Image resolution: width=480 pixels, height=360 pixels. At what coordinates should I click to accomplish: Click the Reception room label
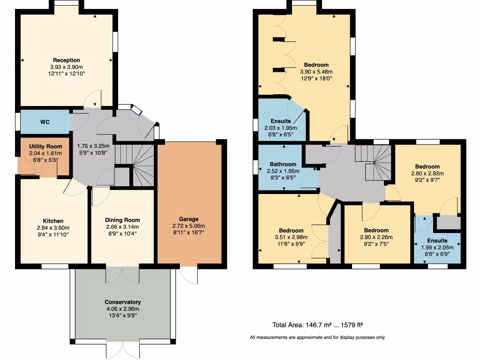[66, 60]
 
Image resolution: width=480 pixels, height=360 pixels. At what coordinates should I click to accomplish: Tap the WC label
[45, 122]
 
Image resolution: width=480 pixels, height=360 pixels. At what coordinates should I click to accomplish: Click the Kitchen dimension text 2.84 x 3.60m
[53, 228]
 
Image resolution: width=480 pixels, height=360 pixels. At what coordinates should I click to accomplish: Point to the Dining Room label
[122, 220]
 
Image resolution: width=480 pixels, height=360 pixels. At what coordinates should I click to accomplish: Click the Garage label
[188, 219]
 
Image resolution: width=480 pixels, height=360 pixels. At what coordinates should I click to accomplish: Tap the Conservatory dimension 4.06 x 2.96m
[123, 309]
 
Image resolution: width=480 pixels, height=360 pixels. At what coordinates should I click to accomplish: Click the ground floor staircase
[136, 164]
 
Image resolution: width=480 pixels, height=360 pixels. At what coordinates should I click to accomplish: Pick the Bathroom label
[283, 164]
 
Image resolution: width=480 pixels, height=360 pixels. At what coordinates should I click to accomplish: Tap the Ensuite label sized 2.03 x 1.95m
[281, 121]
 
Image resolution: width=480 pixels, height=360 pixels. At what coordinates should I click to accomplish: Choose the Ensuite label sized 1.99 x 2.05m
[437, 240]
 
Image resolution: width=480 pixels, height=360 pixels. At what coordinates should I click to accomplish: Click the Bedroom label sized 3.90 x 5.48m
[316, 65]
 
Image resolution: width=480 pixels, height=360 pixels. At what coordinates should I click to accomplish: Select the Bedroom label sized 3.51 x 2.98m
[291, 230]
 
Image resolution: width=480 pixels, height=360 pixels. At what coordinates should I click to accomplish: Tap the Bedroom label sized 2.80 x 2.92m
[427, 166]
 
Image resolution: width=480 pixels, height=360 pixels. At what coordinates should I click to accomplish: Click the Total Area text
[318, 325]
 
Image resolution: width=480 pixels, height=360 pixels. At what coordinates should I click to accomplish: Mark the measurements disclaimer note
[317, 337]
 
